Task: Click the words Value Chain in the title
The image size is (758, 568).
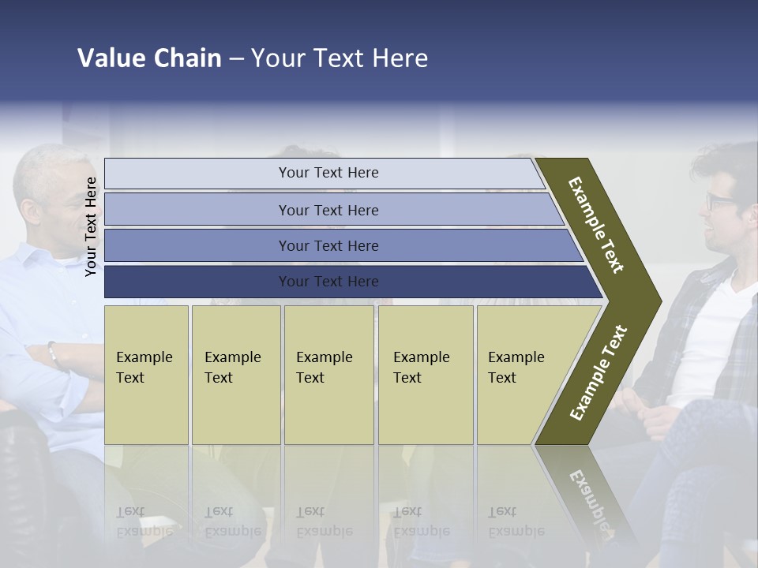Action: tap(149, 58)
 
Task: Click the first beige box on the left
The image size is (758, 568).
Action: tap(146, 375)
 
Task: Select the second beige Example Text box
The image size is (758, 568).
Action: tap(236, 375)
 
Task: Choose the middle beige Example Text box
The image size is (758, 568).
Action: tap(328, 375)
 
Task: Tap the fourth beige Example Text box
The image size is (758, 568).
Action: tap(426, 375)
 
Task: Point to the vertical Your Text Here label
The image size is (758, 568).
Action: tap(91, 226)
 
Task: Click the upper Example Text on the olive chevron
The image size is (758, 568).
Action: tap(596, 225)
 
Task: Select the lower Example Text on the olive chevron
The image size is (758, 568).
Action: tap(599, 372)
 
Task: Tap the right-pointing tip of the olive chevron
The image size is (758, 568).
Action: tap(657, 301)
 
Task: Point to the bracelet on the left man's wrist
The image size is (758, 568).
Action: tap(53, 354)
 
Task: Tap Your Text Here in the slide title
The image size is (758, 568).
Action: tap(340, 58)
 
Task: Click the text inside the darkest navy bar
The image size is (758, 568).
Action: tap(328, 282)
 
